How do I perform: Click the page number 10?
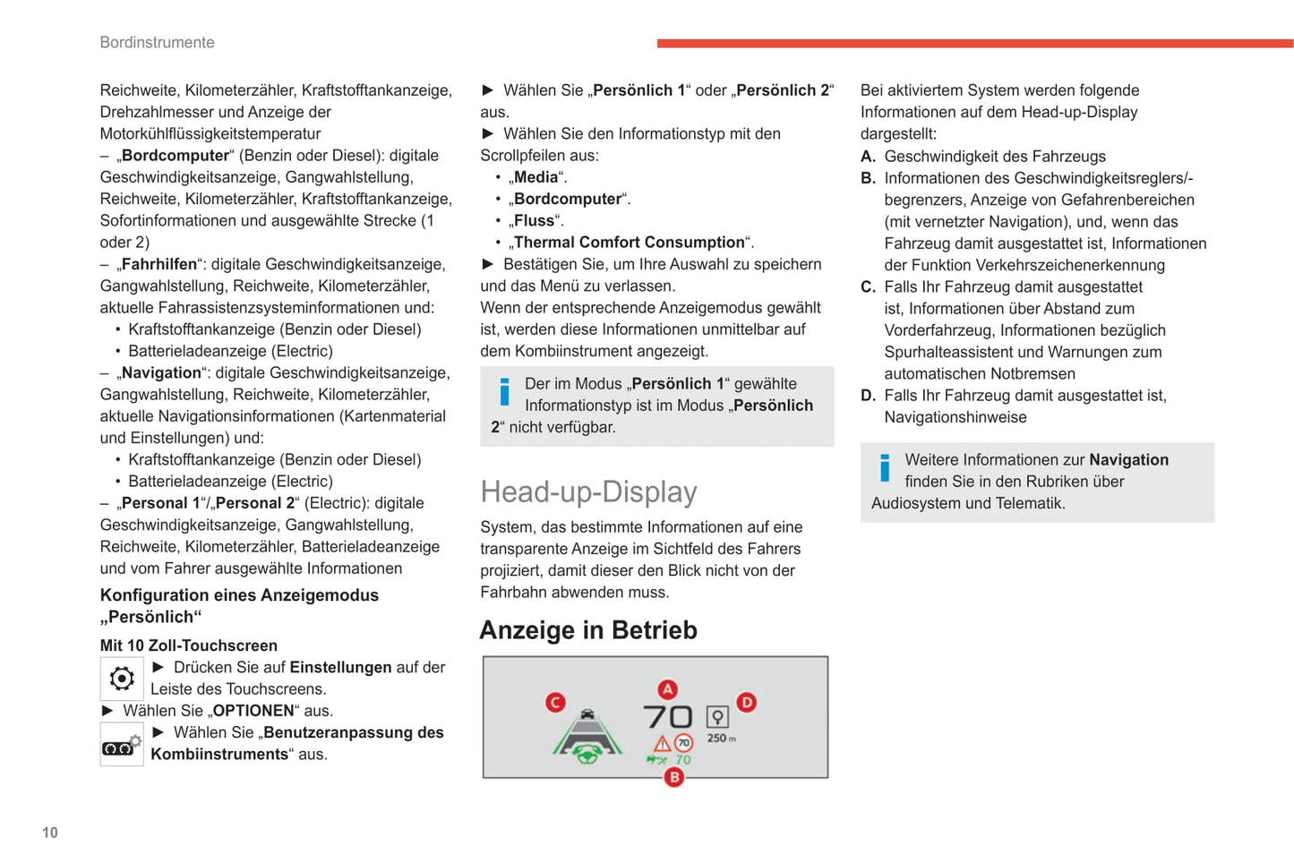point(50,833)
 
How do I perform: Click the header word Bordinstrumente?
point(157,42)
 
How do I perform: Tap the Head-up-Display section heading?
point(588,491)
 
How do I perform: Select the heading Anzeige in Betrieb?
point(588,630)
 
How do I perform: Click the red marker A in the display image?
point(668,689)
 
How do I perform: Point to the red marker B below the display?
point(674,777)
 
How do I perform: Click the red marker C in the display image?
point(555,703)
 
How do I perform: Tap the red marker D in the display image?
point(746,703)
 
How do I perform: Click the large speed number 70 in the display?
point(668,717)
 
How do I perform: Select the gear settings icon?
point(122,679)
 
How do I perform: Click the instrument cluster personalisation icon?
point(122,745)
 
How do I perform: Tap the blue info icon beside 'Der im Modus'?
point(504,392)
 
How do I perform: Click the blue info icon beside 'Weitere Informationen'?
point(885,468)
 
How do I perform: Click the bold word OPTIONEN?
point(253,711)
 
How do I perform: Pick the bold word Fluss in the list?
point(534,220)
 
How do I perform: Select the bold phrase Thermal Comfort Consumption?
point(630,243)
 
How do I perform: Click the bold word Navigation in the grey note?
point(1128,460)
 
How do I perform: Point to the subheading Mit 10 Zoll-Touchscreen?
point(189,645)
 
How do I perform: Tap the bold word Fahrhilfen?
point(159,264)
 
